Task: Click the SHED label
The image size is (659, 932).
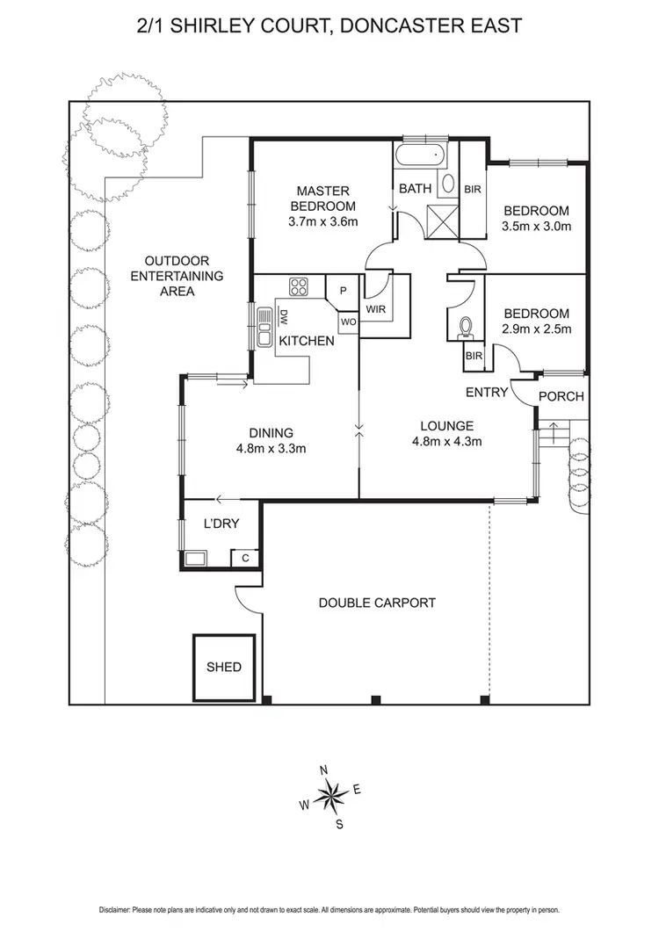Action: coord(224,667)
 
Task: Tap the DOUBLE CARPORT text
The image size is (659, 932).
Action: coord(377,603)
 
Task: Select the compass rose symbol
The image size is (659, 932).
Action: coord(330,797)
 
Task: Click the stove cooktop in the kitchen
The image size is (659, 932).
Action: coord(299,286)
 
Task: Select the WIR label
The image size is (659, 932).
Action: coord(375,309)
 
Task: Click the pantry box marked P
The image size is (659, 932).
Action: coord(342,289)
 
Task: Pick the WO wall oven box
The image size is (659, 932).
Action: coord(348,321)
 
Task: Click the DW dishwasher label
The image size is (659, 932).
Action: coord(284,316)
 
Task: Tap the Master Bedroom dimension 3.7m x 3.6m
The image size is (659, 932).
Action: coord(322,221)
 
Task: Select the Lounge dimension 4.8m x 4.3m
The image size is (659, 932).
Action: coord(446,442)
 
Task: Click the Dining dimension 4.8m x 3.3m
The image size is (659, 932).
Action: coord(271,449)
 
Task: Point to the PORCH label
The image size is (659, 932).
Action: coord(561,396)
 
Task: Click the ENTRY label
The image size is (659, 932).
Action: coord(487,392)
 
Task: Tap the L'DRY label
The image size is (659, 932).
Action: coord(221,524)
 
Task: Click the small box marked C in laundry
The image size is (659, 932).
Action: coord(244,557)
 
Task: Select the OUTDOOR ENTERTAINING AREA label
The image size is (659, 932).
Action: coord(177,276)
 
